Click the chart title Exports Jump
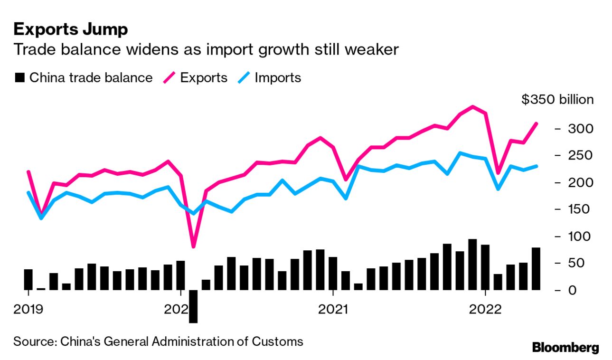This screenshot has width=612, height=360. coord(70,29)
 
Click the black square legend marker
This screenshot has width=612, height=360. coord(19,78)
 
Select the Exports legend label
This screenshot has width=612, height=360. coord(204,78)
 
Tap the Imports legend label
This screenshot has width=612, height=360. coord(278,78)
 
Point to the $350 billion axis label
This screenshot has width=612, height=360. coord(557,100)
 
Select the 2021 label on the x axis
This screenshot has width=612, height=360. coord(333,310)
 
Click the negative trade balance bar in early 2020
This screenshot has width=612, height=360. coord(193,306)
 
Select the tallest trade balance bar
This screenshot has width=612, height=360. coord(472,264)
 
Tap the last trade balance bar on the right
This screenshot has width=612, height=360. coord(536,268)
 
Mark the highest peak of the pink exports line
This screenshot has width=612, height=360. coord(472,106)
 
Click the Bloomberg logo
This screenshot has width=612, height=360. coord(565,347)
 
